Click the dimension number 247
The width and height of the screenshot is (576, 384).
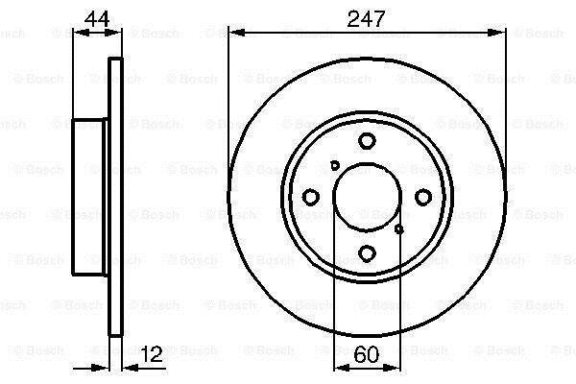click(366, 19)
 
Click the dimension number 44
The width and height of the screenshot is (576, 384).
click(97, 19)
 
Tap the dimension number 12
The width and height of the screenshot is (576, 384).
click(152, 354)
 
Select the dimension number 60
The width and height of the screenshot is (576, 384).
click(367, 354)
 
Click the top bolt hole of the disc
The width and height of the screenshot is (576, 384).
click(367, 141)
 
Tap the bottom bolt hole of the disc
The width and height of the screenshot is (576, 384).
click(367, 253)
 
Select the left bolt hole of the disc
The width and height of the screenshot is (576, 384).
click(310, 197)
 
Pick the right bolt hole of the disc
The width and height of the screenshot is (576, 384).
click(423, 197)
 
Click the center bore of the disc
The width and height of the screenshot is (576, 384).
click(367, 197)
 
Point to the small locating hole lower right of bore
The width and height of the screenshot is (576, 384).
click(399, 229)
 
